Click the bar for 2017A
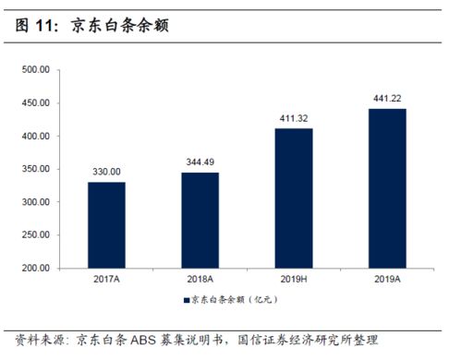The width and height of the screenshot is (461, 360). tap(106, 225)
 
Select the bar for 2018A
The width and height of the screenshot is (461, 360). tap(200, 221)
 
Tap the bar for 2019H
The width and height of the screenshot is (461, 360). tap(293, 198)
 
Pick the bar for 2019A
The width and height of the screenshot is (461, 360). tap(387, 188)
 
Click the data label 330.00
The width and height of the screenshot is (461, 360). tap(106, 172)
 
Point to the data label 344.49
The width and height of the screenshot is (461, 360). tap(200, 162)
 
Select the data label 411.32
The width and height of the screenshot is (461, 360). tap(293, 118)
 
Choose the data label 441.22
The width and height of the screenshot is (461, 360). tap(387, 99)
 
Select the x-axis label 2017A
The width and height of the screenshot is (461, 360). tap(106, 280)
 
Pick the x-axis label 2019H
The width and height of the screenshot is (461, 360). tap(293, 280)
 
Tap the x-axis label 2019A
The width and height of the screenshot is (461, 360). tap(387, 280)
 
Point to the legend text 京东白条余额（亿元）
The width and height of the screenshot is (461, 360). tap(233, 301)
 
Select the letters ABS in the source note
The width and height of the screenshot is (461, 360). tap(150, 340)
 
